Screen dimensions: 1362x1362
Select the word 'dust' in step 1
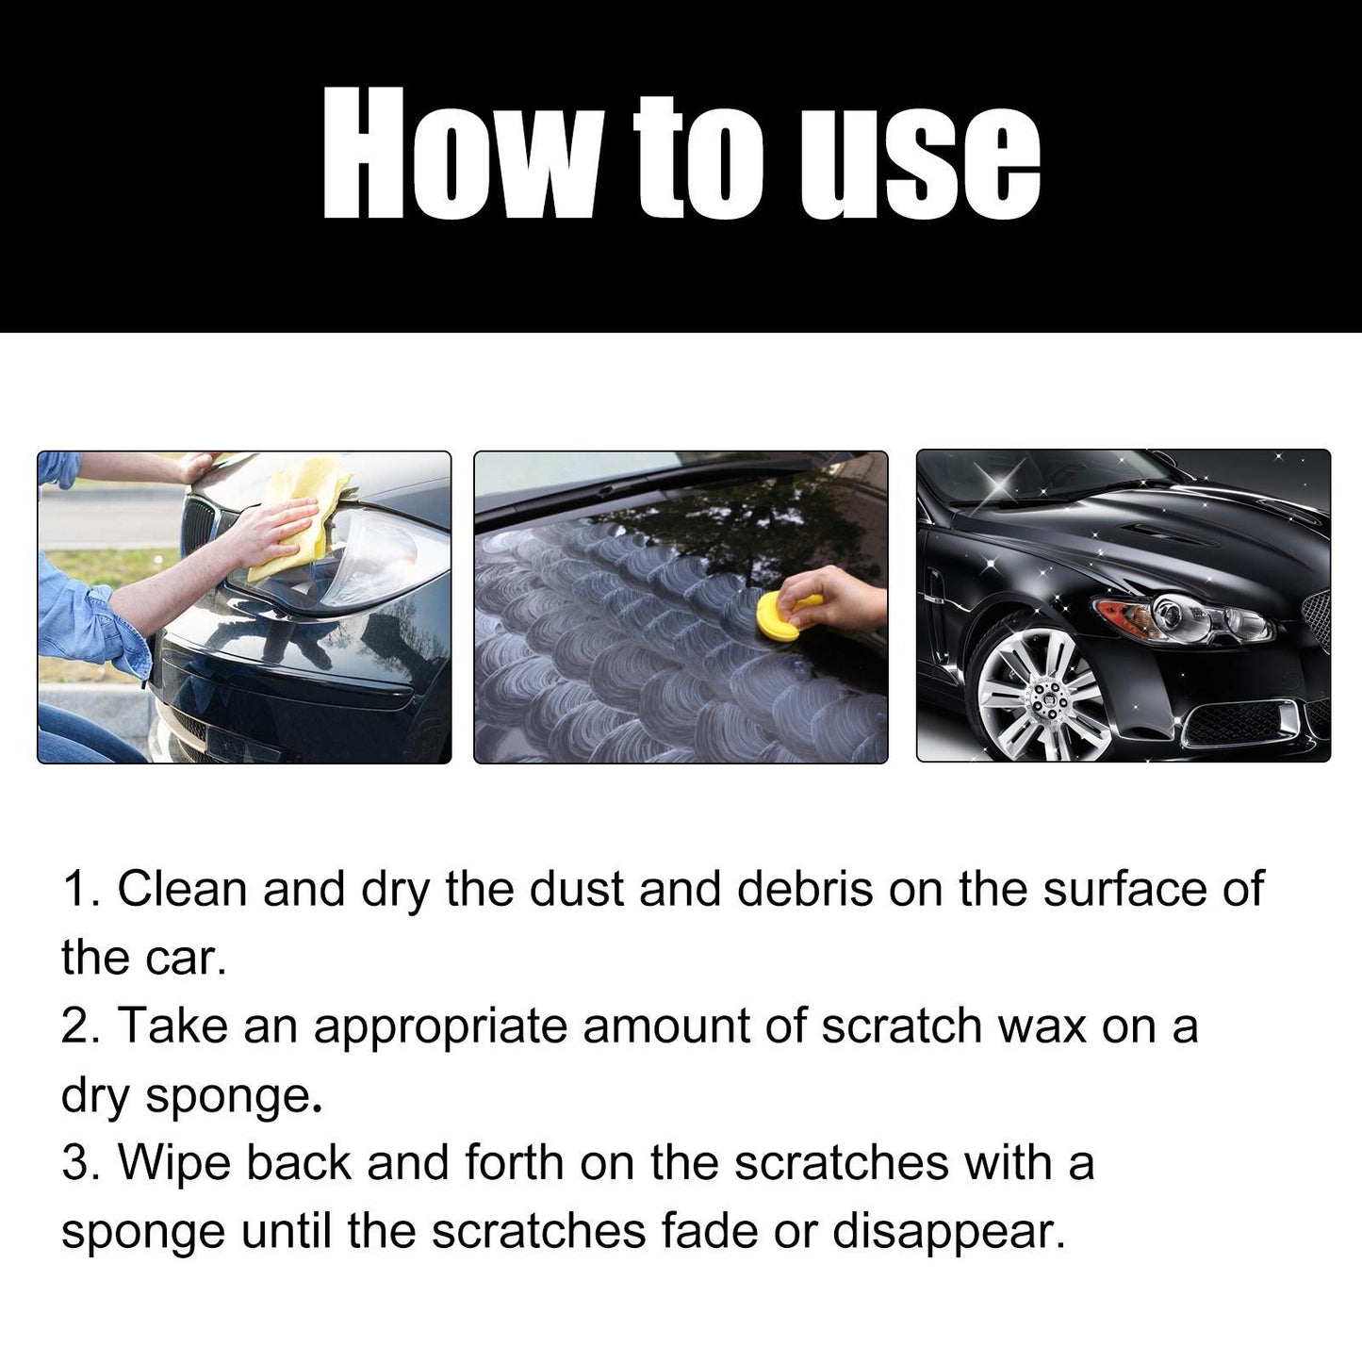[x=576, y=889]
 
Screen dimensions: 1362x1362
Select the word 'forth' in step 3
[x=514, y=1162]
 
